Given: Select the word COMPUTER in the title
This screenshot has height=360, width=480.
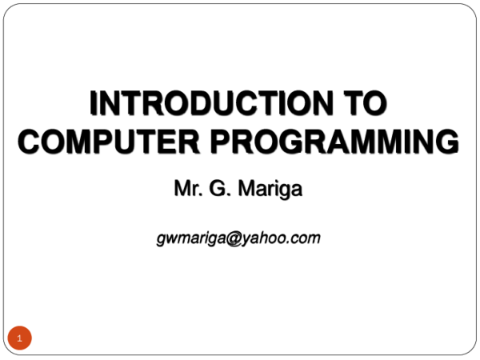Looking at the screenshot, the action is (x=109, y=141).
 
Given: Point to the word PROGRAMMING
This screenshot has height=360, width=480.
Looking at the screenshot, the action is (x=334, y=141).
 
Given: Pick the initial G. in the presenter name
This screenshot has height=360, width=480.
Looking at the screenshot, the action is (x=219, y=188).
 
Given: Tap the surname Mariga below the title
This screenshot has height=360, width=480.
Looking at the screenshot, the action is (x=270, y=189).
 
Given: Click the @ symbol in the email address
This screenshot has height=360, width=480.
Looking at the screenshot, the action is (x=234, y=238).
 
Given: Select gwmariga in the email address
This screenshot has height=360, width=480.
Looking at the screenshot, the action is (x=192, y=238).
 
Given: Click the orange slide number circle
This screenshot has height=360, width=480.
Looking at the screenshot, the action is (x=19, y=338).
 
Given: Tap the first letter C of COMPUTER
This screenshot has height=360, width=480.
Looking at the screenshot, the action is (x=30, y=141).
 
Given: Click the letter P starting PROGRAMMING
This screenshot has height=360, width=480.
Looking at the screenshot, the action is (x=221, y=141).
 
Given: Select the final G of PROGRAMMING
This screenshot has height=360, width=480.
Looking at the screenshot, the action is (x=447, y=141).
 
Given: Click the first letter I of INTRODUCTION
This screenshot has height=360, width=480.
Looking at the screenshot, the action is (x=93, y=103).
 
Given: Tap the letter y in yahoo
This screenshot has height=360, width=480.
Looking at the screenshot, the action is (x=246, y=240).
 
